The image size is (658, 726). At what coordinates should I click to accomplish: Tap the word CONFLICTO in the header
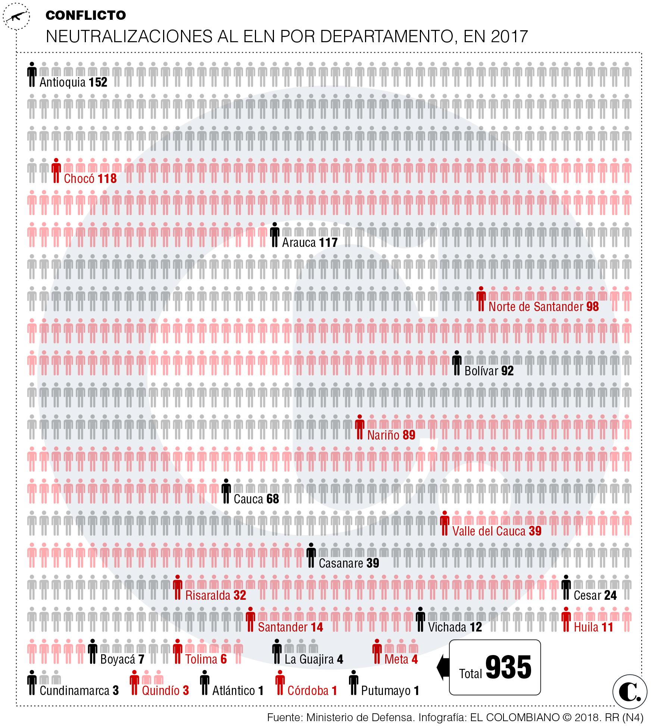[85, 15]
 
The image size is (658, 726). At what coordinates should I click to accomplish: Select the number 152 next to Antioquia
[98, 82]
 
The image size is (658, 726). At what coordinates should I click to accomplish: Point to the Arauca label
[299, 243]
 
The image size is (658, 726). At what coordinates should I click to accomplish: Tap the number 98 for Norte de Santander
[592, 307]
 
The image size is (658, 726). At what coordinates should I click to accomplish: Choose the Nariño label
[383, 435]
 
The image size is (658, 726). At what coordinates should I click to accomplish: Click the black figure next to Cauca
[226, 491]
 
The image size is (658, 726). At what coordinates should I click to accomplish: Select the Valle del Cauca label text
[489, 531]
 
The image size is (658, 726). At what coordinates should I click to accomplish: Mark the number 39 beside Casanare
[372, 563]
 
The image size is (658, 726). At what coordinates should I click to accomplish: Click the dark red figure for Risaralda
[178, 587]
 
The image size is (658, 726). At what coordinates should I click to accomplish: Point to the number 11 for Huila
[607, 627]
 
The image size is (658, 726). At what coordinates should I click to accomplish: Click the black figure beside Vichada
[420, 620]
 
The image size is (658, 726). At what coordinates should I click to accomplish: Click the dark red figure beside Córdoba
[279, 683]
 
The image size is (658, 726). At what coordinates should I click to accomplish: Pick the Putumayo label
[386, 691]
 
